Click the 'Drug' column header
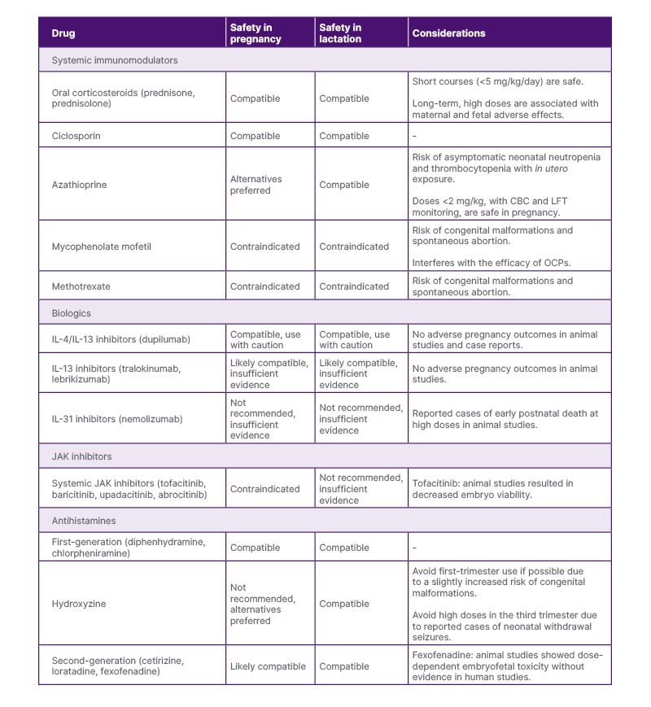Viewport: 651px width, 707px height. click(x=63, y=33)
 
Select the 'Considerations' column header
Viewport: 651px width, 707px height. click(x=448, y=33)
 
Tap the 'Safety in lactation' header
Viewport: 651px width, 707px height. click(x=340, y=33)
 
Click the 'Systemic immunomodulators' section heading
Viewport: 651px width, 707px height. click(x=115, y=60)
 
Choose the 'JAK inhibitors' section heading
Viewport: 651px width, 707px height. click(x=82, y=456)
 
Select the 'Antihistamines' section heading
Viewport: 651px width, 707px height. click(x=84, y=521)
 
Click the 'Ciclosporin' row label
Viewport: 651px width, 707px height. click(x=76, y=136)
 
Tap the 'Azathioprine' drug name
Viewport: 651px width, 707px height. click(x=79, y=185)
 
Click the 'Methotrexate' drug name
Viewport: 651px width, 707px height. click(x=81, y=286)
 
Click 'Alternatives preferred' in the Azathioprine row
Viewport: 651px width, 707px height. click(x=256, y=185)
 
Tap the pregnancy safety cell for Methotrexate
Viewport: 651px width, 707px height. click(x=265, y=286)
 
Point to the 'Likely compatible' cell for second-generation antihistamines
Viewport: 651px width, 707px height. click(x=268, y=666)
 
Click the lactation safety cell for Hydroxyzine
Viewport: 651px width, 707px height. click(x=344, y=604)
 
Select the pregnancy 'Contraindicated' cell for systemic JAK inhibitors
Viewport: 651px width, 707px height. click(x=265, y=489)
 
